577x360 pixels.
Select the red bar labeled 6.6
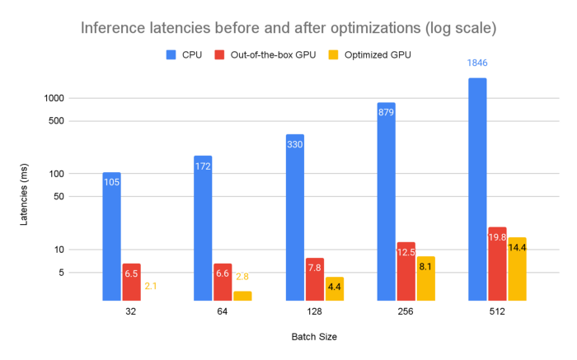click(223, 282)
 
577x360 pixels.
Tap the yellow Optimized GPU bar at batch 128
click(335, 288)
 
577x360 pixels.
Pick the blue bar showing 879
click(386, 202)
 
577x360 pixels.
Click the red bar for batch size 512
click(497, 264)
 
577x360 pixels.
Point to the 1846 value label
click(478, 63)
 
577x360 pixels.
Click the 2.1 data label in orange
click(151, 286)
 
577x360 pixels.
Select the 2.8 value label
click(242, 278)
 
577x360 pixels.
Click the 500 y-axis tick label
click(80, 121)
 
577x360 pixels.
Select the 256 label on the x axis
click(405, 312)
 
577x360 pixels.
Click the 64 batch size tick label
click(223, 312)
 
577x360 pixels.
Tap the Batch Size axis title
click(313, 337)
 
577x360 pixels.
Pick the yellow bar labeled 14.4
click(517, 269)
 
